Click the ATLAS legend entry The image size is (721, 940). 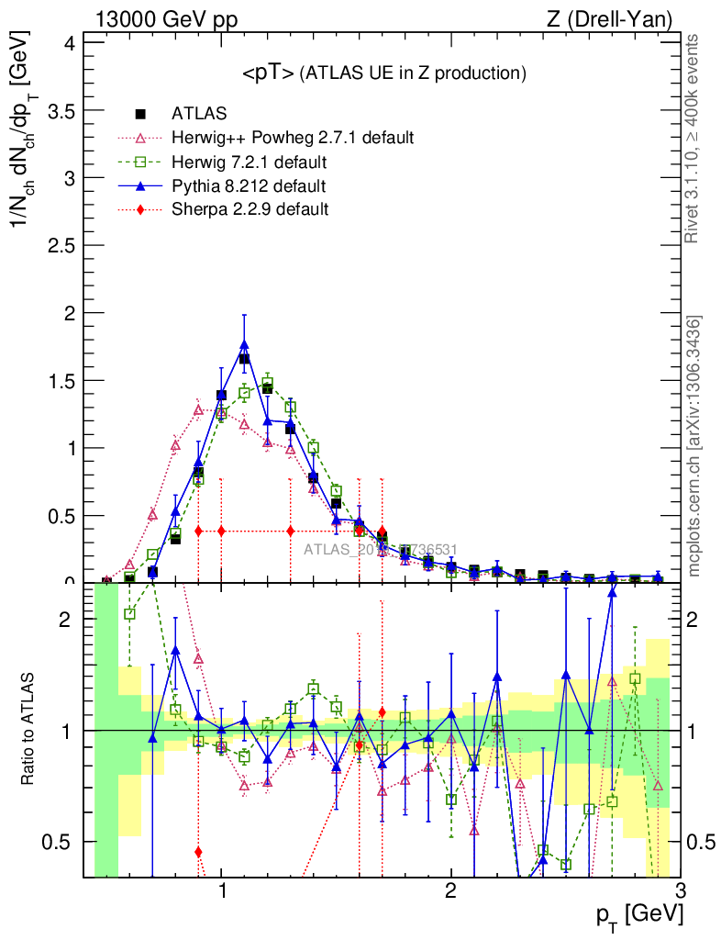coord(194,114)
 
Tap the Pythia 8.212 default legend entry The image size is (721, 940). coord(249,186)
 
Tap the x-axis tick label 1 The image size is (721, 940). coord(222,890)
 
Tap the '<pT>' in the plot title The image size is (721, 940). coord(268,73)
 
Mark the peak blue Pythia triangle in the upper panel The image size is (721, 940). coord(244,345)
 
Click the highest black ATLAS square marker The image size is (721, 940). coord(245,359)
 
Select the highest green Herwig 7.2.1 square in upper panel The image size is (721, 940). coord(268,383)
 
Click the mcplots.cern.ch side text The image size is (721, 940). coord(695,446)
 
